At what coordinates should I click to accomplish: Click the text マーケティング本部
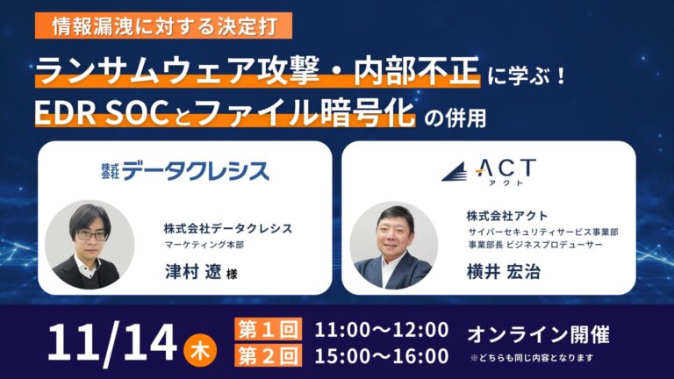(x=203, y=245)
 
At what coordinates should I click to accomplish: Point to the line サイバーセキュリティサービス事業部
(x=542, y=232)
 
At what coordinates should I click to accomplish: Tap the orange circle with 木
(x=198, y=344)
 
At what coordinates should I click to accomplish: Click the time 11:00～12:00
(x=381, y=330)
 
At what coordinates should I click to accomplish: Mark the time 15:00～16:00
(x=381, y=355)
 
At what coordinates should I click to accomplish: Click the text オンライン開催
(x=538, y=333)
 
